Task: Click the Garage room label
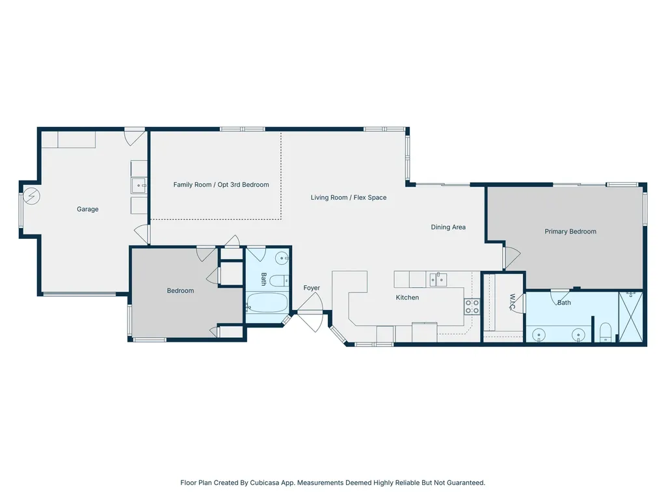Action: (x=88, y=209)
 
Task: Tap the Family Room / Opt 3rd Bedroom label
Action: (x=221, y=184)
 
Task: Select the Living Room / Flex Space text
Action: (x=349, y=197)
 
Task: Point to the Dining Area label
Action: (x=448, y=227)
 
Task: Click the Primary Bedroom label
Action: (x=570, y=231)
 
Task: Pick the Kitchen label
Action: (x=407, y=298)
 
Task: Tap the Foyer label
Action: (x=312, y=288)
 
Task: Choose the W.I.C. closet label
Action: (x=513, y=301)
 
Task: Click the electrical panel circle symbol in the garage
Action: (x=31, y=196)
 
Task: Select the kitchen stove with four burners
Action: (x=472, y=307)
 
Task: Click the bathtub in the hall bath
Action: (x=267, y=303)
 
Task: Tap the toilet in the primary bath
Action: (x=606, y=333)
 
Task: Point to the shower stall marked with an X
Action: (x=631, y=316)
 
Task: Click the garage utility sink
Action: (x=139, y=186)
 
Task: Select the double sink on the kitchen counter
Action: (x=438, y=280)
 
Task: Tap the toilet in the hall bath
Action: (x=279, y=281)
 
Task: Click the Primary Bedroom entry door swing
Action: (x=512, y=257)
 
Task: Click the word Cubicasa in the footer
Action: (x=267, y=482)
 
